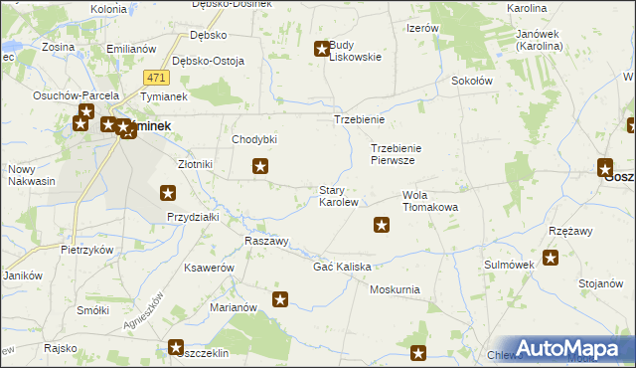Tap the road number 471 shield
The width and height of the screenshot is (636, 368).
pyautogui.click(x=154, y=78)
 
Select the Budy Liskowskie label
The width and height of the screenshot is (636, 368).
pyautogui.click(x=355, y=51)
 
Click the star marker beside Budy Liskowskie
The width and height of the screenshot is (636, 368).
pyautogui.click(x=322, y=48)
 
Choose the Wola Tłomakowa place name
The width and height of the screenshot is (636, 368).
pyautogui.click(x=429, y=201)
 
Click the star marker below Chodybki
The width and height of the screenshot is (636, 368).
pyautogui.click(x=260, y=167)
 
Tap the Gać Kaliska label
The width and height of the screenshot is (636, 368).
pyautogui.click(x=342, y=268)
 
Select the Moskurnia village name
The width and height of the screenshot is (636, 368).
pyautogui.click(x=395, y=289)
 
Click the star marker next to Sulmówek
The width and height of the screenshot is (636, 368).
pyautogui.click(x=551, y=258)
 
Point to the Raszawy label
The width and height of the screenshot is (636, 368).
pyautogui.click(x=266, y=242)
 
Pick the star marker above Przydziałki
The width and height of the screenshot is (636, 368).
pyautogui.click(x=168, y=193)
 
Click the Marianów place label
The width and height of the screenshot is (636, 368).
pyautogui.click(x=235, y=307)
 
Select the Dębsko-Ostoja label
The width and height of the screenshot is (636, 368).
pyautogui.click(x=208, y=61)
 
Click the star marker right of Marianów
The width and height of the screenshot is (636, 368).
pyautogui.click(x=280, y=298)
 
